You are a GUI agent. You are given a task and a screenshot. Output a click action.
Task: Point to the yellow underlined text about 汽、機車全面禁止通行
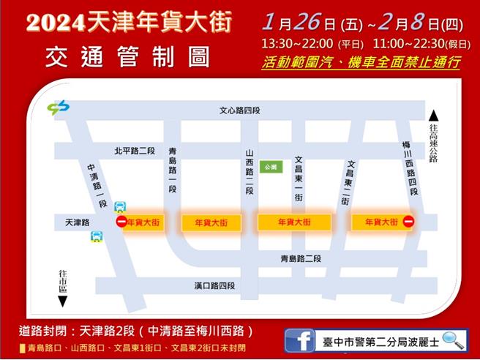(x=361, y=62)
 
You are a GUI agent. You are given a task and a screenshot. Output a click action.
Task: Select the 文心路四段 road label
(x=239, y=110)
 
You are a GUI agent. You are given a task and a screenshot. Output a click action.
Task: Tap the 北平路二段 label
(x=135, y=151)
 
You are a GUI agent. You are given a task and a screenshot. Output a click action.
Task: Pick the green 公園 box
(x=271, y=167)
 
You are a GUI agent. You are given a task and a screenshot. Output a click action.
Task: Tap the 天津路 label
(x=77, y=222)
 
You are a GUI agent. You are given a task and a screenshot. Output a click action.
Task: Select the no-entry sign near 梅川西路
(x=408, y=221)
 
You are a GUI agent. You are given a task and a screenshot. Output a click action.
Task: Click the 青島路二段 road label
(x=301, y=258)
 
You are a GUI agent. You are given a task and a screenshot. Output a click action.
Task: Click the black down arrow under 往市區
(x=62, y=301)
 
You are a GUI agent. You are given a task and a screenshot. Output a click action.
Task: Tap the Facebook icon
(x=301, y=341)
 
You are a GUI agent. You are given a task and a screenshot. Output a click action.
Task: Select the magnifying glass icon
(x=453, y=340)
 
